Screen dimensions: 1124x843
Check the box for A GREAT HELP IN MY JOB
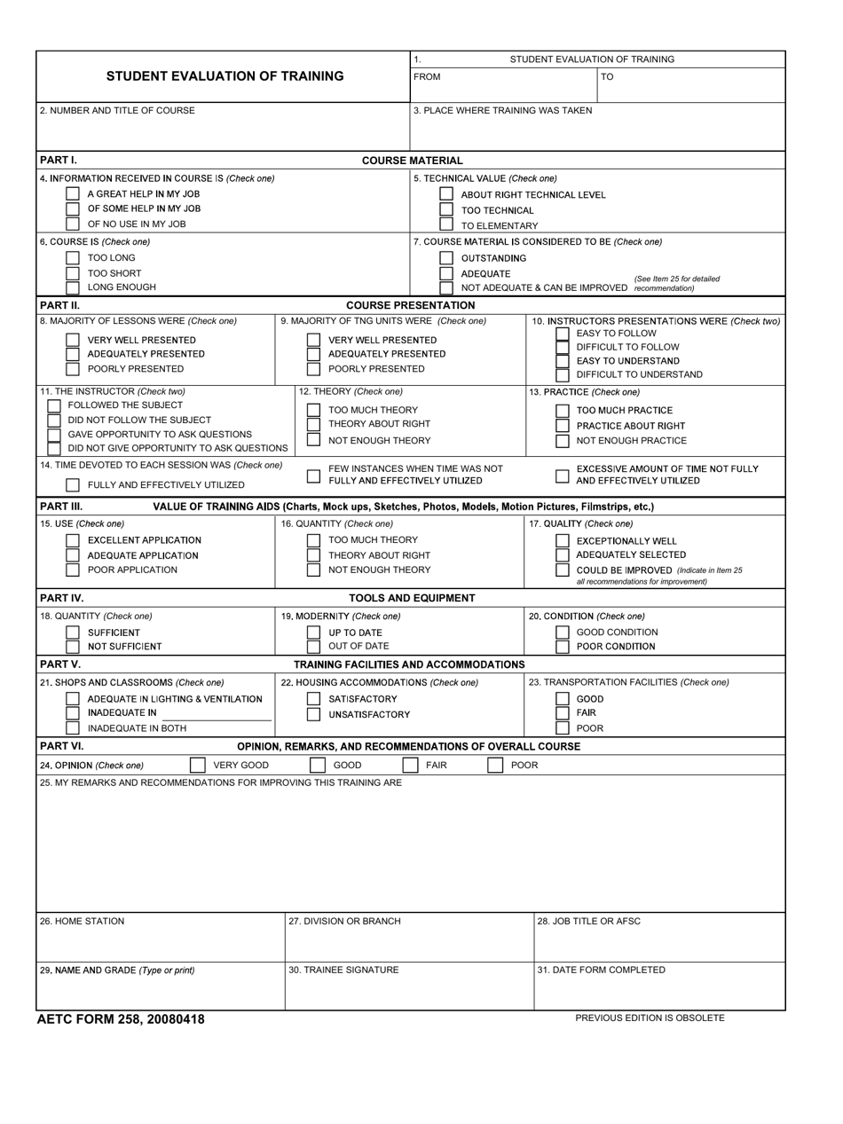[x=73, y=193]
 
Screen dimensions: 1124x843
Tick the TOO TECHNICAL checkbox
[x=446, y=210]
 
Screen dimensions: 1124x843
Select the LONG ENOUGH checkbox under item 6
[x=73, y=287]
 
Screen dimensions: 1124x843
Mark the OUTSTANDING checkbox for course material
[x=446, y=258]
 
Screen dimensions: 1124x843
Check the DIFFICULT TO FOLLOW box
[x=562, y=347]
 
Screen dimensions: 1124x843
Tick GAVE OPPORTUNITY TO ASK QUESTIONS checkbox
[x=54, y=435]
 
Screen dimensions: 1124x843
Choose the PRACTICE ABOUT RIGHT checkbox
[x=562, y=426]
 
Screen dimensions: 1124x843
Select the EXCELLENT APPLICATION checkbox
[x=73, y=540]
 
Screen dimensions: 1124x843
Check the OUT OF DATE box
[x=313, y=647]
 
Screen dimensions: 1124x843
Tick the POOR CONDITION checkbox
[x=562, y=647]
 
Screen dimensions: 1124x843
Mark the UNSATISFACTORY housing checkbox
[x=313, y=715]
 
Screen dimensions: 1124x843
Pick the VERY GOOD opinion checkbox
[x=197, y=765]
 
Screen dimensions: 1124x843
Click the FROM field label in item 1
[x=427, y=77]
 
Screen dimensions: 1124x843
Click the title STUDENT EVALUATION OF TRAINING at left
[x=225, y=76]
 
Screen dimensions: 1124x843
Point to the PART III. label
[x=61, y=507]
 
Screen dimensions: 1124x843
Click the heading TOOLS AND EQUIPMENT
[x=412, y=598]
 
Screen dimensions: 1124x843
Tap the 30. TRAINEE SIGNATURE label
[x=343, y=971]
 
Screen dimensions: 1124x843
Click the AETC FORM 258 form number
[x=121, y=1019]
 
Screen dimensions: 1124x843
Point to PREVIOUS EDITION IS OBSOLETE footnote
[x=650, y=1018]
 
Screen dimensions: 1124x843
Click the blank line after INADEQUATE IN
[x=217, y=715]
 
